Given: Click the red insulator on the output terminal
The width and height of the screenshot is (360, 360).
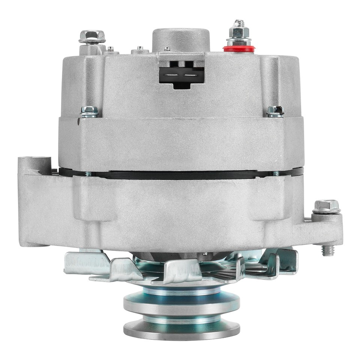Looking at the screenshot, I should click(x=239, y=48).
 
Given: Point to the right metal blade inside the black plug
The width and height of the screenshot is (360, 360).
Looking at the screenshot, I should click(x=191, y=75).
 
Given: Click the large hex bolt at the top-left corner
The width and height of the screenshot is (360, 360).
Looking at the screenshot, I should click(x=92, y=36).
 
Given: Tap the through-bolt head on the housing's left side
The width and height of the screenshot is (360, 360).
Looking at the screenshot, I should click(x=89, y=111).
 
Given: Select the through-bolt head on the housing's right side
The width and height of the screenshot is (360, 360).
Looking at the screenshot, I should click(x=274, y=111).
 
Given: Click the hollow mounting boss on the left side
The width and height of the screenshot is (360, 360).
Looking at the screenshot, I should click(x=34, y=162).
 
